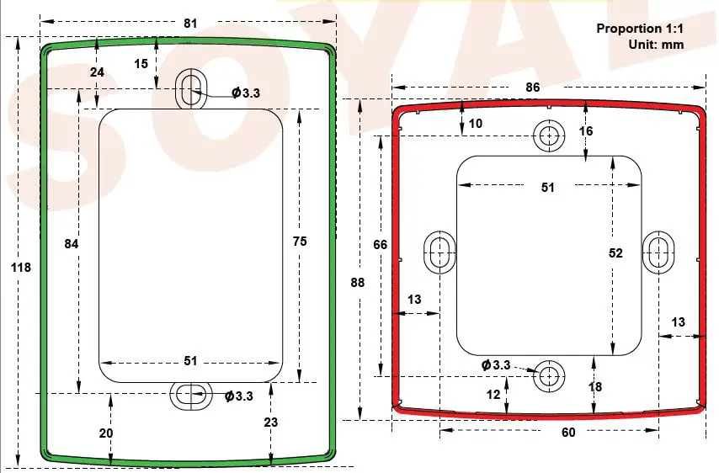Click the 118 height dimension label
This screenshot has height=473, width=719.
click(21, 267)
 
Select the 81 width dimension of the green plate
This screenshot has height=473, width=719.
click(190, 24)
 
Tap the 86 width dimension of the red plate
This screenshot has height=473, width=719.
click(532, 88)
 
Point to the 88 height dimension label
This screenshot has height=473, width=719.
click(358, 283)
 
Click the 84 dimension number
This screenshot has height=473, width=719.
click(72, 243)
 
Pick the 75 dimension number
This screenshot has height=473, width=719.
click(300, 242)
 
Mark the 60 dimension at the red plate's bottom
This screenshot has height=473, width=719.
click(568, 432)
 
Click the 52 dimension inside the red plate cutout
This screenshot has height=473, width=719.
click(615, 252)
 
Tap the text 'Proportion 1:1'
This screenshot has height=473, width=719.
click(640, 29)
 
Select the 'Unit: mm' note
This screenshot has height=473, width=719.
click(656, 44)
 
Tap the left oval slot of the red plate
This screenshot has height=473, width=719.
click(439, 251)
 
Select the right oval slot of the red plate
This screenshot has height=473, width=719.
click(659, 250)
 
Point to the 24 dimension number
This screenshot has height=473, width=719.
click(97, 72)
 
